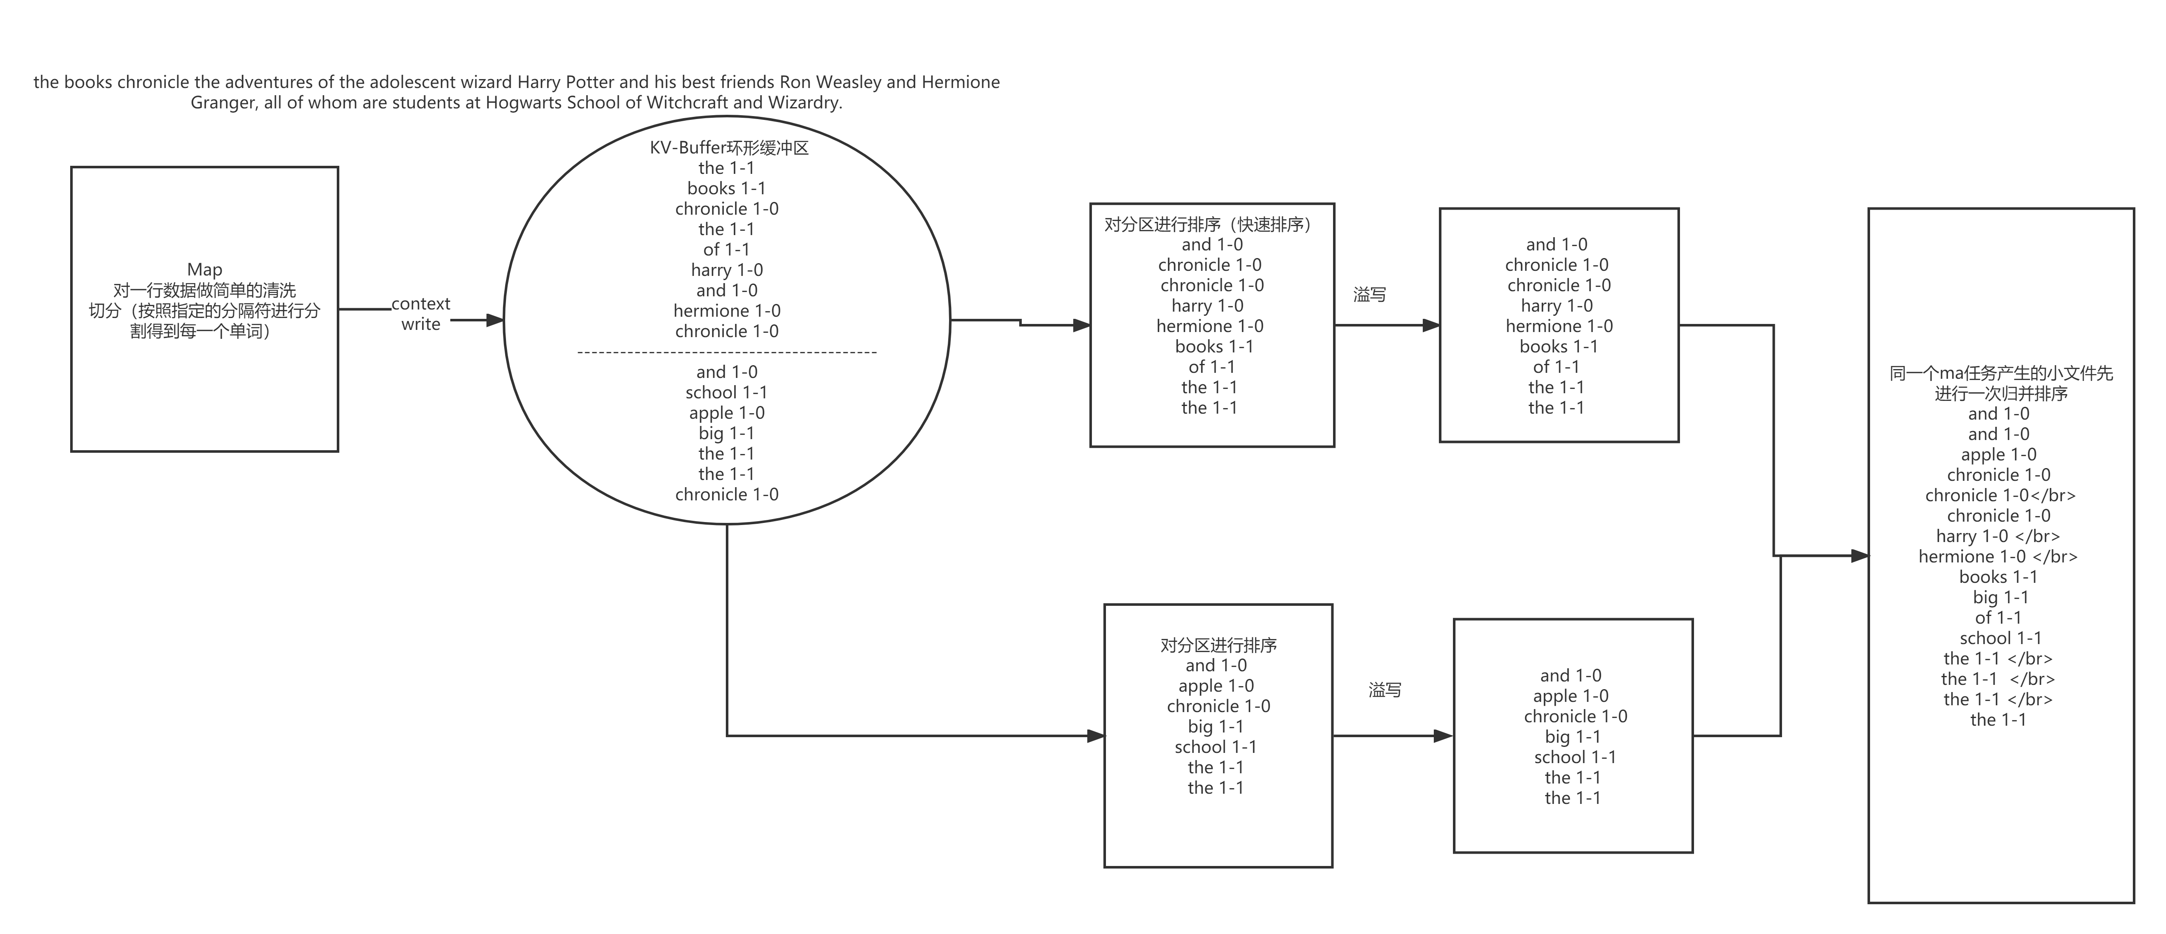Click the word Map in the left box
pos(205,270)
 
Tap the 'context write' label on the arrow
pos(421,314)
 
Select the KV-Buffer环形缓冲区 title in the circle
pos(729,148)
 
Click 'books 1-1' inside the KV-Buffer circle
pos(727,188)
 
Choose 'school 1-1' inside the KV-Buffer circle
pos(727,392)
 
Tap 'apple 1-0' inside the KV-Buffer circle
pos(727,413)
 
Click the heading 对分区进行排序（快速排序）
pos(1211,224)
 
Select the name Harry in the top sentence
pos(538,82)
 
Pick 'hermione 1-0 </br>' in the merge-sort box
pos(1998,556)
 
